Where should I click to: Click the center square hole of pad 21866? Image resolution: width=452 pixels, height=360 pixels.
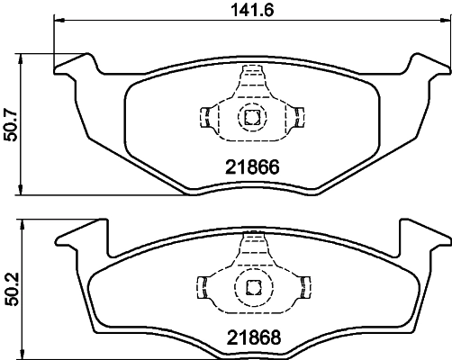click(251, 116)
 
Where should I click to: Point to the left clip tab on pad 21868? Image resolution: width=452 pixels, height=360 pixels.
click(204, 287)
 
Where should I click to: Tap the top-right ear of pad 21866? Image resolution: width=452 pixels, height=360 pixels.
click(425, 65)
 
